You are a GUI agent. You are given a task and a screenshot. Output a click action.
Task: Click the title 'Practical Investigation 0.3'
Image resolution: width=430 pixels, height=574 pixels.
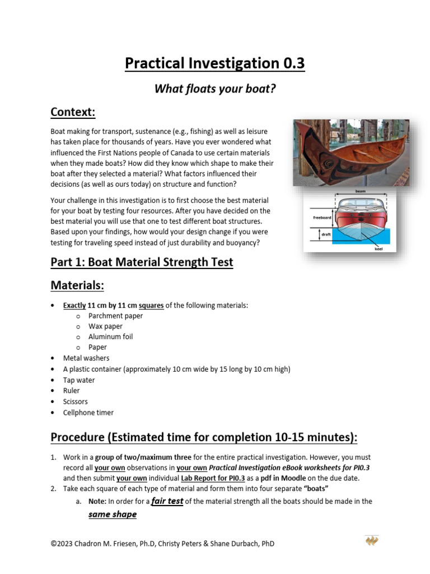tap(215, 63)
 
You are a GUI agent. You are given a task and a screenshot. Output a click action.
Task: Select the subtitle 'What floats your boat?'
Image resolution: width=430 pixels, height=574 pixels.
tap(215, 89)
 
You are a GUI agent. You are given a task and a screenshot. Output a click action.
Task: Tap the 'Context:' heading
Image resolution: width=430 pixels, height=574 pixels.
tap(73, 112)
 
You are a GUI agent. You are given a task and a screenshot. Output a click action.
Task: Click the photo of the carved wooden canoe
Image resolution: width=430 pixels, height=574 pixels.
tap(350, 152)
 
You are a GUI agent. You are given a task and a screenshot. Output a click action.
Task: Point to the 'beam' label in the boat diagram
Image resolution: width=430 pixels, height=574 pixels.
tap(360, 192)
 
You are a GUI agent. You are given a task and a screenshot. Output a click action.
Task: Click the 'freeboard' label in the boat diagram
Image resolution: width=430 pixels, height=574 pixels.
tap(323, 216)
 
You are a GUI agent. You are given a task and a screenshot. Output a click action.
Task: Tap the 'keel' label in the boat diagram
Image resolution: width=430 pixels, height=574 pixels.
tap(378, 248)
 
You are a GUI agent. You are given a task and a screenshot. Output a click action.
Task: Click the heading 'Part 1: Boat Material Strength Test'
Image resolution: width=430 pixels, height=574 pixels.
tap(142, 262)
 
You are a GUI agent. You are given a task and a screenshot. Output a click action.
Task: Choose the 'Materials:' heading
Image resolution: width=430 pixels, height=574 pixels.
tap(77, 285)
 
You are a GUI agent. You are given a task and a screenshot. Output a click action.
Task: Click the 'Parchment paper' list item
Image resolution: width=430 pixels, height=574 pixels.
tap(115, 316)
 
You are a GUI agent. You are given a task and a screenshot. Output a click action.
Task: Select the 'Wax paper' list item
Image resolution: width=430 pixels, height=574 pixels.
tap(105, 326)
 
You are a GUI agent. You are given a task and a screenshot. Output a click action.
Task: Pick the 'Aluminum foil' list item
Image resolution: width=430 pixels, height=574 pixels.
tap(110, 337)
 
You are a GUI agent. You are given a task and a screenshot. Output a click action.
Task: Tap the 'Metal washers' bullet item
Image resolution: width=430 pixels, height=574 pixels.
tap(86, 358)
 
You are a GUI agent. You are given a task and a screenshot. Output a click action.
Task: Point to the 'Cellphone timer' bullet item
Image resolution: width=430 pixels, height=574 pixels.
tap(88, 413)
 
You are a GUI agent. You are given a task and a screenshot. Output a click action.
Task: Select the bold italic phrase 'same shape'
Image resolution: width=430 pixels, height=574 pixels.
tap(113, 514)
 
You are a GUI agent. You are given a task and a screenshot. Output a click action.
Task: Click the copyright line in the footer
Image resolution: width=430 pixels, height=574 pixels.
tap(162, 544)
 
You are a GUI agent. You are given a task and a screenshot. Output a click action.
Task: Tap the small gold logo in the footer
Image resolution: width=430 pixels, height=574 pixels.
tap(372, 541)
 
